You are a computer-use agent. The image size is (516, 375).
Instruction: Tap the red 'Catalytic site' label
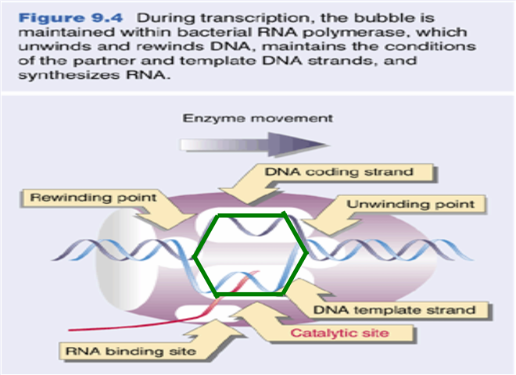pos(342,334)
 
